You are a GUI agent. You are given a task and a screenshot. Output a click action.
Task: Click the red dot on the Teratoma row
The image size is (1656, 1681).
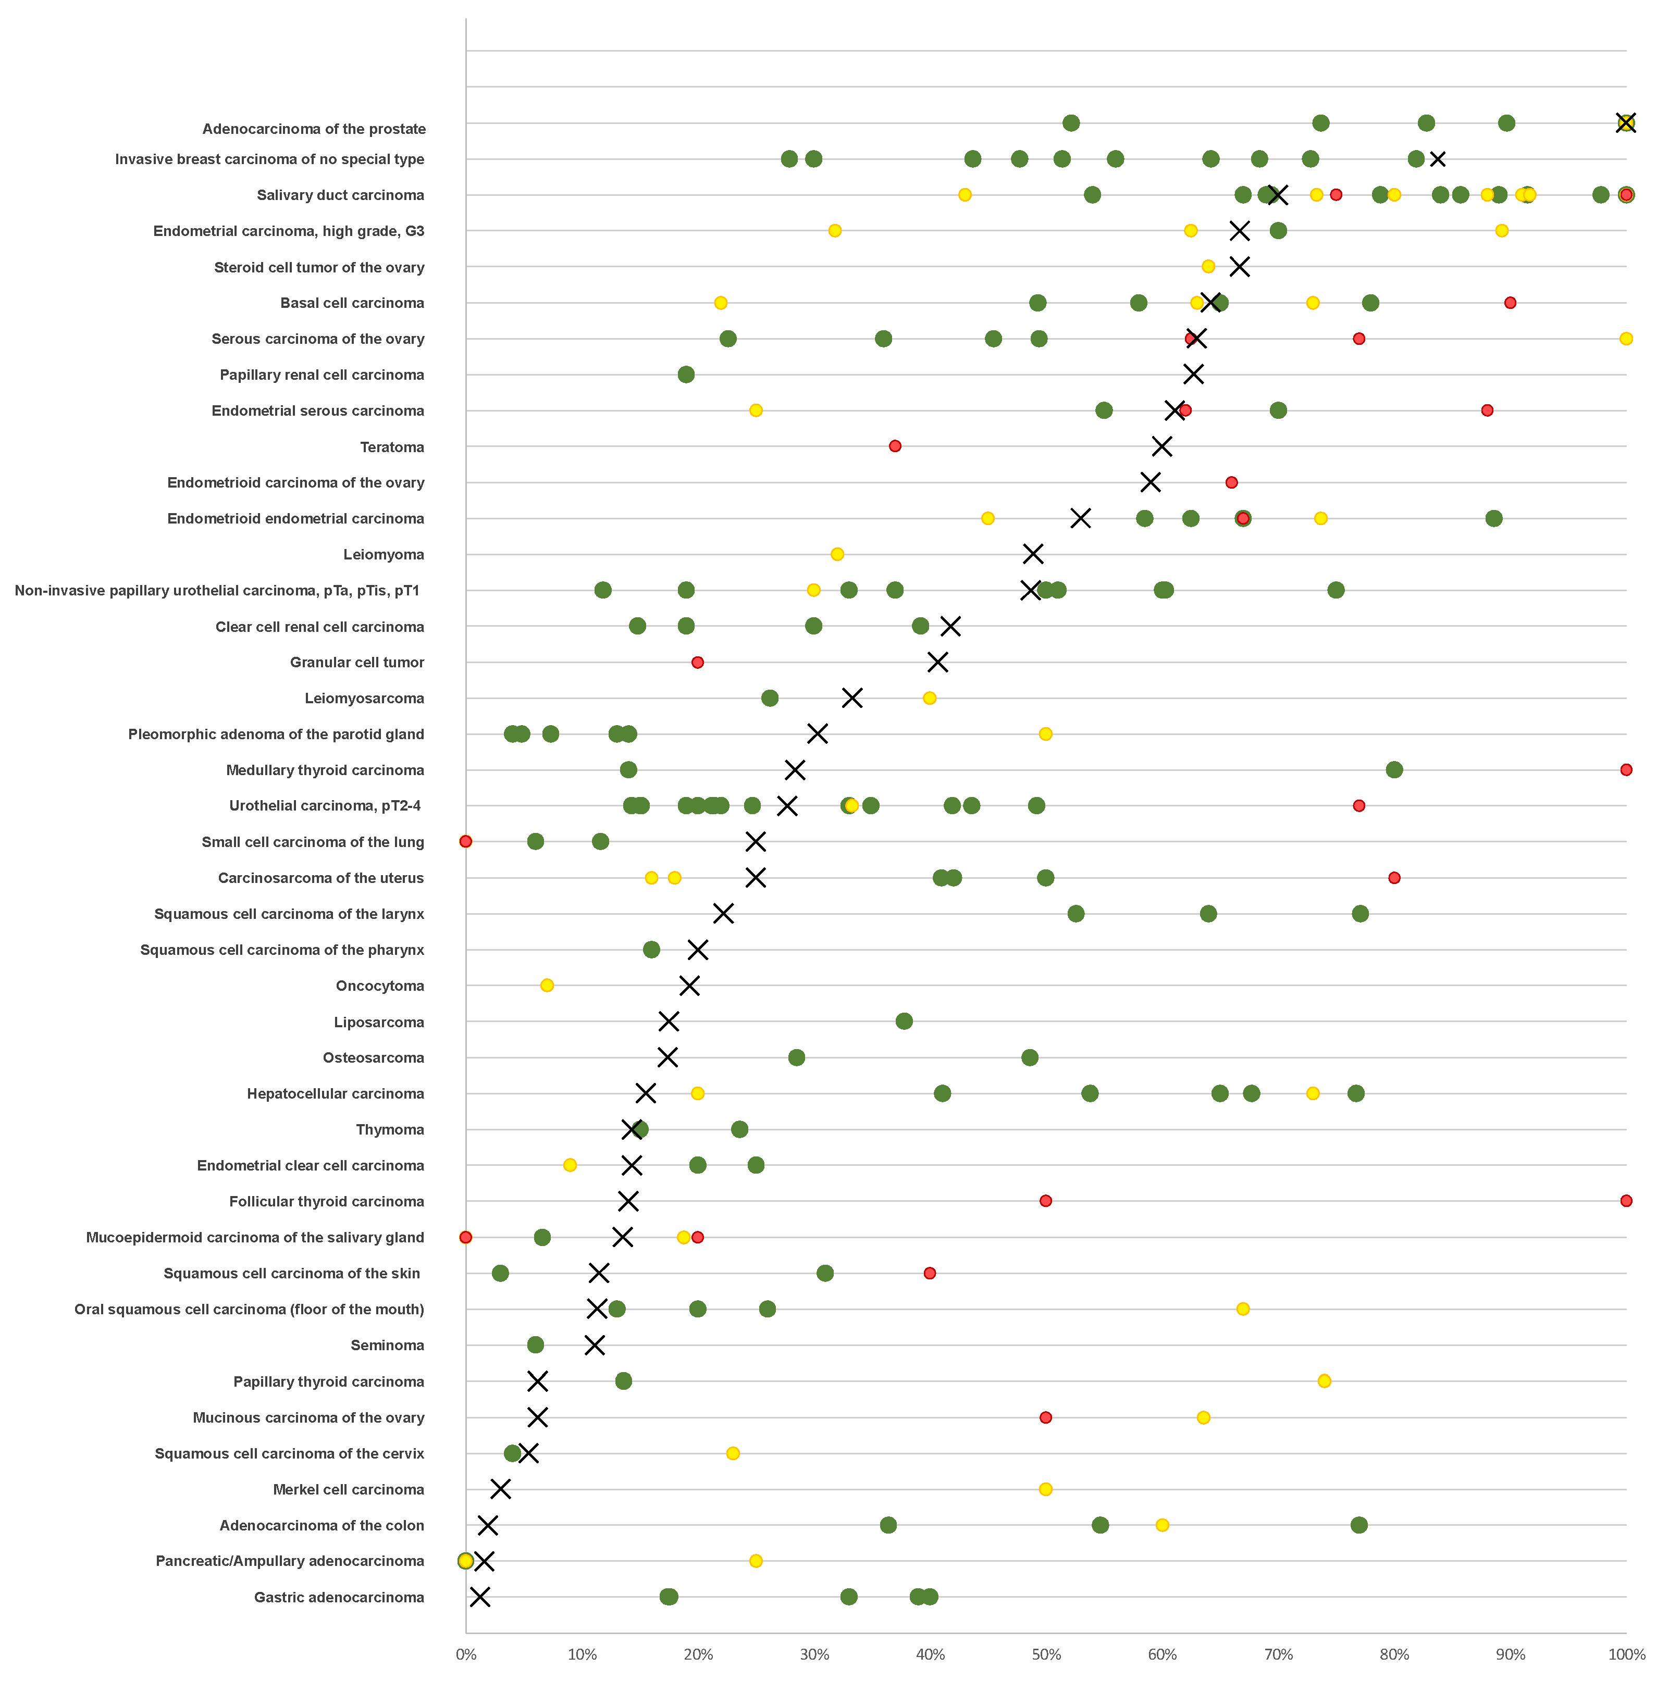pyautogui.click(x=895, y=446)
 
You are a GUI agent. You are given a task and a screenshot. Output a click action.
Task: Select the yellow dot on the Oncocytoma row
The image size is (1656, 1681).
pyautogui.click(x=547, y=985)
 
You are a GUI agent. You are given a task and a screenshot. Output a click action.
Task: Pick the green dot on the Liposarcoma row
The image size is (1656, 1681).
pyautogui.click(x=905, y=1021)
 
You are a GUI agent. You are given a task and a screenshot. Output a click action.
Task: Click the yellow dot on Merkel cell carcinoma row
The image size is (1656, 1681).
pyautogui.click(x=1045, y=1489)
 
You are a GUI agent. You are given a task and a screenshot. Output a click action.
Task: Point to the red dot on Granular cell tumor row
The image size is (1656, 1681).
pyautogui.click(x=698, y=663)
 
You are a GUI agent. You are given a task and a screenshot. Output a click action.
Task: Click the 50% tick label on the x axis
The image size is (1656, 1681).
pyautogui.click(x=1046, y=1655)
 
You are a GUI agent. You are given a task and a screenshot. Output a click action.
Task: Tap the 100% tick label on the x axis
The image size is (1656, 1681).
pyautogui.click(x=1626, y=1655)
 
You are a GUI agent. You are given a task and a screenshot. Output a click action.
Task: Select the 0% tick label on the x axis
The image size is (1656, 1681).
pyautogui.click(x=466, y=1655)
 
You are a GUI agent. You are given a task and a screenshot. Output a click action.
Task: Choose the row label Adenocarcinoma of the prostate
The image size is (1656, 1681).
pyautogui.click(x=314, y=129)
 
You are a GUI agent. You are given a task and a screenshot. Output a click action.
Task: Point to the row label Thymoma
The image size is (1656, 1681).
pyautogui.click(x=390, y=1130)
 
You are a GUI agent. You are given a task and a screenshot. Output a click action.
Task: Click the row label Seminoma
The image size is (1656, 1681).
pyautogui.click(x=387, y=1346)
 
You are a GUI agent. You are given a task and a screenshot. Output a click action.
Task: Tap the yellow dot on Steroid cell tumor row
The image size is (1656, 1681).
pyautogui.click(x=1208, y=266)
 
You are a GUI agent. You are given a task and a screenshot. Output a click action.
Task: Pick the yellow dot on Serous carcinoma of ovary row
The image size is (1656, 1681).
pyautogui.click(x=1626, y=338)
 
